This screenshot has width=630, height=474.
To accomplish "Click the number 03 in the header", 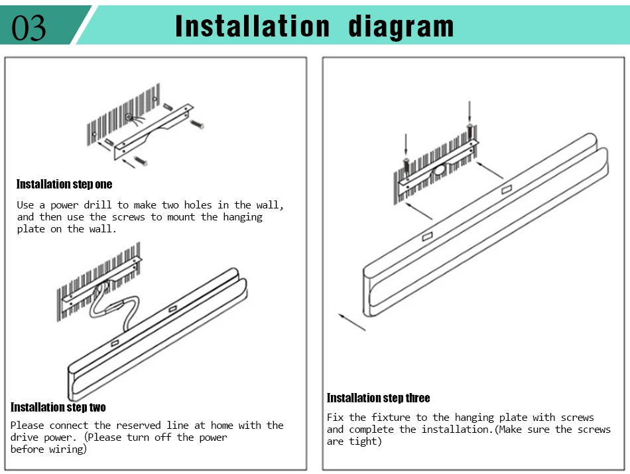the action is click(29, 28).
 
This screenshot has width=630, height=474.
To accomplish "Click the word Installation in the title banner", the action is click(252, 26).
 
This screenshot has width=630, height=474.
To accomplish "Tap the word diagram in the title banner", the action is click(401, 27).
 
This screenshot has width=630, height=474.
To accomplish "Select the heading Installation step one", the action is click(64, 185).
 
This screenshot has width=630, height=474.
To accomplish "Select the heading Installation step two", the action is click(58, 407).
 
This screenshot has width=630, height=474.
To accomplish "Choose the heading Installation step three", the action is click(378, 398).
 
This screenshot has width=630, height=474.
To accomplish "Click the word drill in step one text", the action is click(97, 205).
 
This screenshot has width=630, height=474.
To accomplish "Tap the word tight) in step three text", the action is click(365, 441).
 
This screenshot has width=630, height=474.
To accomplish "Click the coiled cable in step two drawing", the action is click(115, 306).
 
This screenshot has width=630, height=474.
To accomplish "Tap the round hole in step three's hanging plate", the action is click(439, 171).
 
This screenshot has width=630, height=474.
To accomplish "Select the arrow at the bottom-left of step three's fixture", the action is click(352, 322).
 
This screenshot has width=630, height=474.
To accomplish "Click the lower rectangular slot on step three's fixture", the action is click(428, 236).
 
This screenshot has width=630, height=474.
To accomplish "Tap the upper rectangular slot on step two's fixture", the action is click(173, 309).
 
